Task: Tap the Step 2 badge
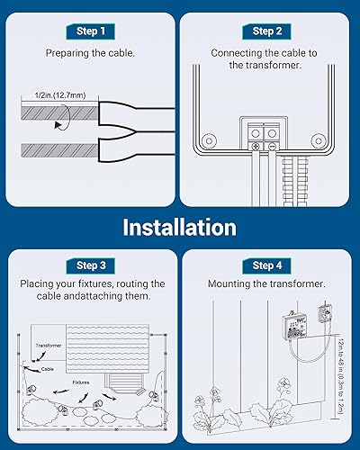[268, 31]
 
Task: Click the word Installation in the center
[180, 227]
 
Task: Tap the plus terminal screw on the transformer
[256, 145]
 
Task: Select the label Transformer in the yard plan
[49, 345]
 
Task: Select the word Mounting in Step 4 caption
[237, 284]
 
